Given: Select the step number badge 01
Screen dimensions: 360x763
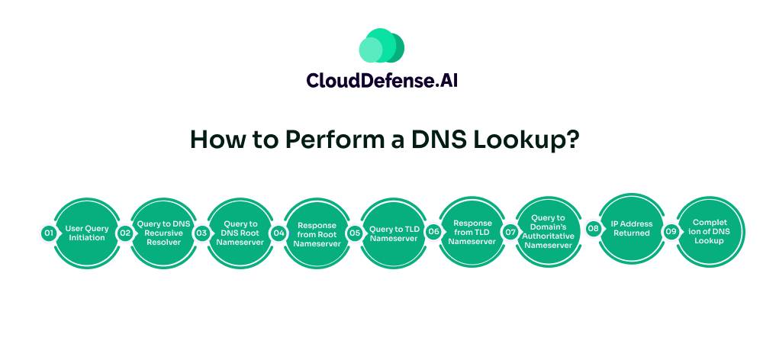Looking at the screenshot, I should [x=48, y=233].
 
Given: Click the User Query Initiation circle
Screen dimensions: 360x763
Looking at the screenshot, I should [x=87, y=233].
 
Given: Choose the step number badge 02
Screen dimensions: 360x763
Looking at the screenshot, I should [x=125, y=233].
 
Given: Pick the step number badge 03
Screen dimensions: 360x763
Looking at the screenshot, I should [x=201, y=233].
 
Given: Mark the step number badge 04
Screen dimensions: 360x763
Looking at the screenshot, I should [x=278, y=233].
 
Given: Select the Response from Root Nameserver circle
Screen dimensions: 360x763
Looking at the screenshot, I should [x=317, y=233].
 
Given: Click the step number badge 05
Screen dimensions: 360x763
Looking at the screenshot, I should [x=355, y=233].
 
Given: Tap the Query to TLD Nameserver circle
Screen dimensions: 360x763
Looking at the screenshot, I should [x=394, y=233].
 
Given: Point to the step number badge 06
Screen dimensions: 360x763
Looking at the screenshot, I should [x=433, y=233].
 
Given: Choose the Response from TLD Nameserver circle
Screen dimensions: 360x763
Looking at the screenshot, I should [x=472, y=233].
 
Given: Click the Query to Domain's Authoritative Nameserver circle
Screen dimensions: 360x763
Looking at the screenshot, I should [x=549, y=232].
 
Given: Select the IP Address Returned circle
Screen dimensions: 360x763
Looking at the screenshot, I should [x=632, y=228].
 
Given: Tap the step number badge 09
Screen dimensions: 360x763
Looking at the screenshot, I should [x=671, y=231].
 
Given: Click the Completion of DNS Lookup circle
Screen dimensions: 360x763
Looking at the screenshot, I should [x=710, y=231].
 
